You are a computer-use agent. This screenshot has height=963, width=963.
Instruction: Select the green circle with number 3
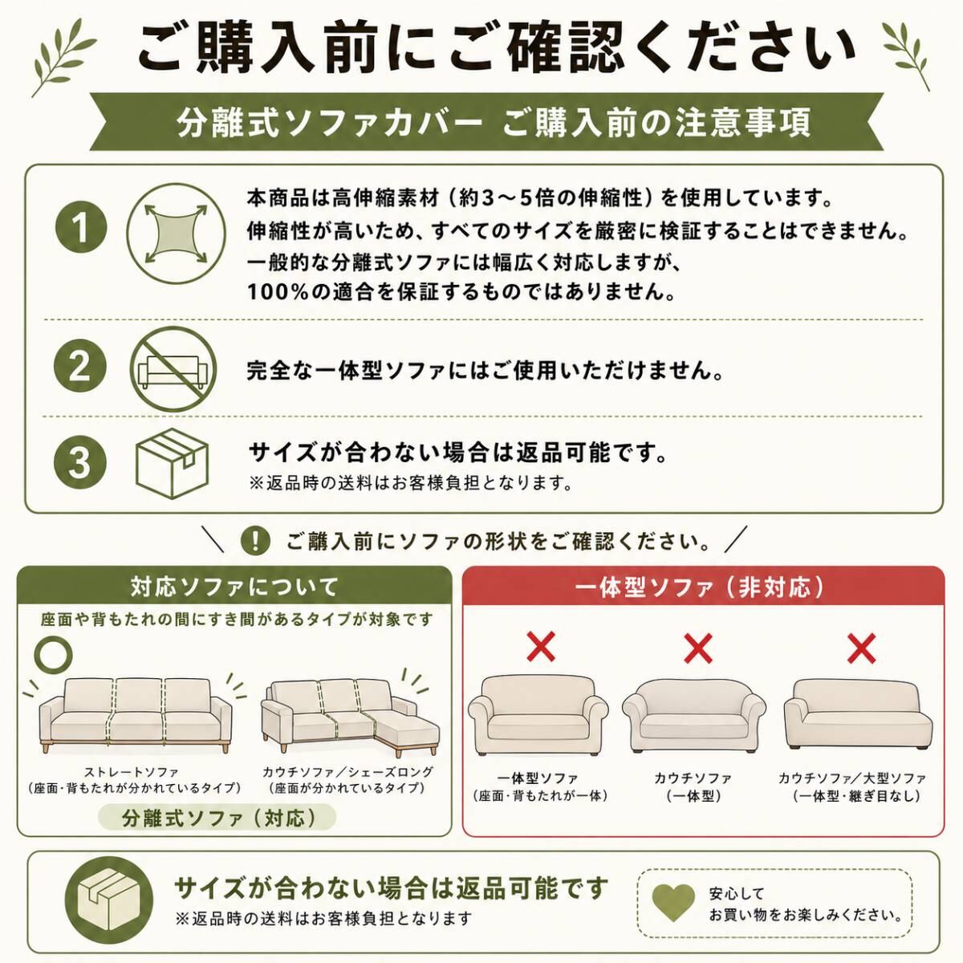pyautogui.click(x=80, y=462)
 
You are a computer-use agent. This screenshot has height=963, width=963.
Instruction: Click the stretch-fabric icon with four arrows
pyautogui.click(x=176, y=234)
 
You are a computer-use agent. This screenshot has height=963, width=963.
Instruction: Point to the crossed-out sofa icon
pyautogui.click(x=173, y=370)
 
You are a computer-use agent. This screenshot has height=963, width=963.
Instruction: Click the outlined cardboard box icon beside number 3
pyautogui.click(x=173, y=463)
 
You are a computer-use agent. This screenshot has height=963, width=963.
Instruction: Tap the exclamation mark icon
pyautogui.click(x=255, y=541)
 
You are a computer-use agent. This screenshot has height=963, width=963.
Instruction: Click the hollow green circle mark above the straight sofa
pyautogui.click(x=53, y=655)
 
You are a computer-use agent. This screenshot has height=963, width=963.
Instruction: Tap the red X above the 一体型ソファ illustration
pyautogui.click(x=541, y=647)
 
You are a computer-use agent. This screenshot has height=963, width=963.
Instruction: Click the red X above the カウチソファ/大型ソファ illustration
pyautogui.click(x=861, y=648)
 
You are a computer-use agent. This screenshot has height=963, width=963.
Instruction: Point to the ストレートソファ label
pyautogui.click(x=132, y=772)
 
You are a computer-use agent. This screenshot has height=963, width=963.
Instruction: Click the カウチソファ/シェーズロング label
pyautogui.click(x=347, y=772)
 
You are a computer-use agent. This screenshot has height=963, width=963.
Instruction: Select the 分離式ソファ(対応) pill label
pyautogui.click(x=217, y=818)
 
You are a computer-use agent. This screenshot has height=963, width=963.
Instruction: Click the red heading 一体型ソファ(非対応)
pyautogui.click(x=700, y=587)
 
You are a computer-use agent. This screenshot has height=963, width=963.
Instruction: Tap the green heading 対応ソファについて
pyautogui.click(x=234, y=587)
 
